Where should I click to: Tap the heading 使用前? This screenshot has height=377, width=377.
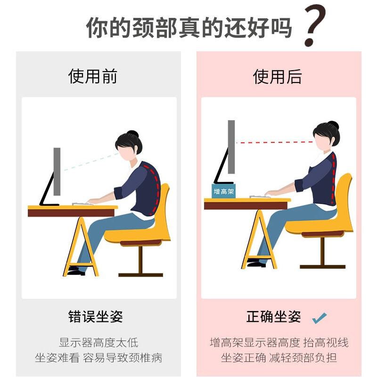pyautogui.click(x=93, y=76)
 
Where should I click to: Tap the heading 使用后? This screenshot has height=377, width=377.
pyautogui.click(x=277, y=76)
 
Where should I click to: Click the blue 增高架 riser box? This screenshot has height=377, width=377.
pyautogui.click(x=224, y=191)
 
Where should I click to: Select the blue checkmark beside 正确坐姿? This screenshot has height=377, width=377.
pyautogui.click(x=320, y=318)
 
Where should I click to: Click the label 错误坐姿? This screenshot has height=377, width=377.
pyautogui.click(x=96, y=317)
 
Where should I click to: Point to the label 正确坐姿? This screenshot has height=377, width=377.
pyautogui.click(x=273, y=317)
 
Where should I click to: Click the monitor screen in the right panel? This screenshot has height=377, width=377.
pyautogui.click(x=231, y=147)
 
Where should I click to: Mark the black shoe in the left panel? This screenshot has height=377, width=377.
pyautogui.click(x=75, y=271)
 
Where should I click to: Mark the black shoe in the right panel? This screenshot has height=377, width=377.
pyautogui.click(x=256, y=263)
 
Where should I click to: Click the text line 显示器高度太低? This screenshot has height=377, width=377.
pyautogui.click(x=98, y=343)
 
